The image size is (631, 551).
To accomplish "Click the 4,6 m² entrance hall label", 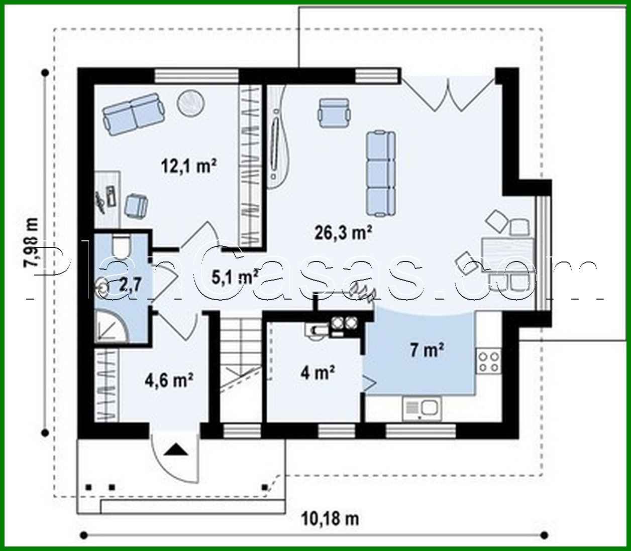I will click(169, 380).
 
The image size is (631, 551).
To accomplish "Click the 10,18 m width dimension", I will click(330, 517).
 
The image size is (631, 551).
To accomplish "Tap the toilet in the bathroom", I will click(120, 245).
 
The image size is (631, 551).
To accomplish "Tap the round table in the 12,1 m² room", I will click(190, 102).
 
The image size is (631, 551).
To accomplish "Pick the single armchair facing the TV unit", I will click(334, 111).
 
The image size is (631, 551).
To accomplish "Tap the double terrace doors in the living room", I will click(448, 93).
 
